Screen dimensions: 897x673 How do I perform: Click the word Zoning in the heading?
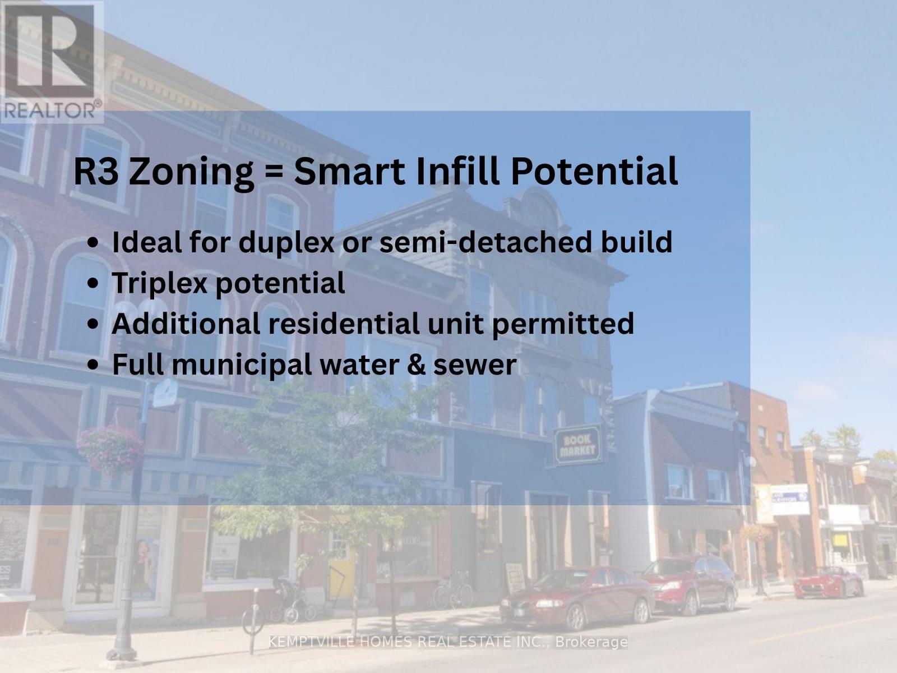[191, 173]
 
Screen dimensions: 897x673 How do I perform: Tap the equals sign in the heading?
[274, 172]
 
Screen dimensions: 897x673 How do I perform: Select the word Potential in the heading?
[594, 171]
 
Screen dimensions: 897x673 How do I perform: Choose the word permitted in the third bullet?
[563, 324]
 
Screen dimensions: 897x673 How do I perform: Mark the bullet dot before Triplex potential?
[94, 283]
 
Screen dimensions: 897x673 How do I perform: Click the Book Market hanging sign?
[577, 445]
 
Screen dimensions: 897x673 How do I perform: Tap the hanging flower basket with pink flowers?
[110, 449]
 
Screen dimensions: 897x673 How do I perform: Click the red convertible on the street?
[829, 582]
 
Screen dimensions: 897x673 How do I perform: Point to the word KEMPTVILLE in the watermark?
[311, 642]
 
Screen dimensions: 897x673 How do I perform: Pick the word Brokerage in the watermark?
[591, 642]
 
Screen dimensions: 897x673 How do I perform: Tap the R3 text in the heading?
[96, 172]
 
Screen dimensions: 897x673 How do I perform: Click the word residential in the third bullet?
[344, 323]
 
